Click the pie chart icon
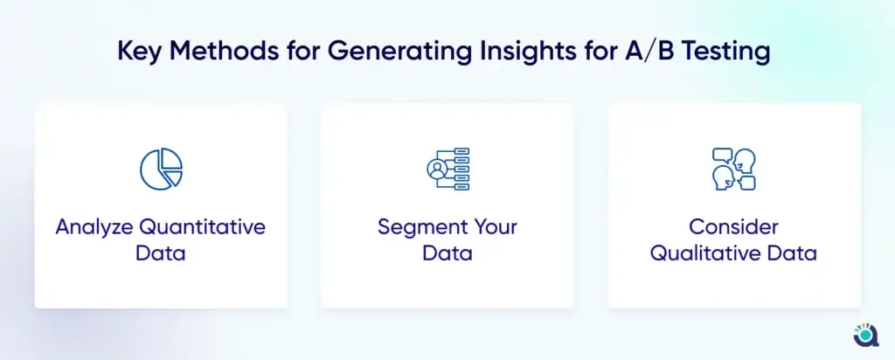[161, 169]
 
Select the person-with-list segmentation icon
[447, 169]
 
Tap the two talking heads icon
[734, 169]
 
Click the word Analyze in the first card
[94, 228]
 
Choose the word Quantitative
[203, 227]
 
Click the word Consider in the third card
[733, 227]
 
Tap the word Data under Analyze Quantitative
[161, 253]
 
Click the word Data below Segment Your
[447, 253]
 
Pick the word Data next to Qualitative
[793, 253]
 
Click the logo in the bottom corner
[866, 335]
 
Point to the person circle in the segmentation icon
[437, 169]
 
